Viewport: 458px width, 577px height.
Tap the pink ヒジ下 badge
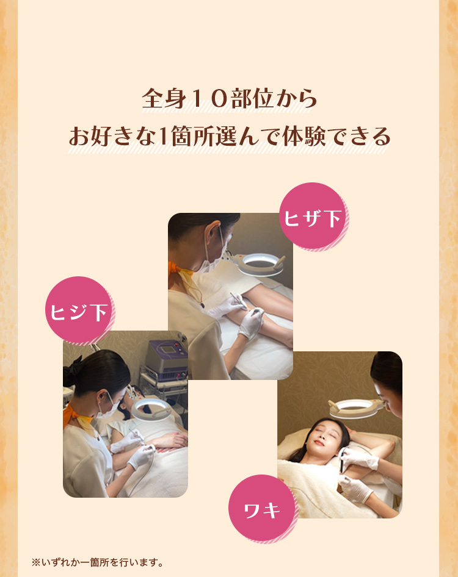pos(79,311)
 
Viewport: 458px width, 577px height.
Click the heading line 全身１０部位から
pos(229,99)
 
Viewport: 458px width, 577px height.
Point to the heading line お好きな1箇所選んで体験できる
pos(229,137)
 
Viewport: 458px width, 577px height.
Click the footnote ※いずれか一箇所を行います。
pos(98,562)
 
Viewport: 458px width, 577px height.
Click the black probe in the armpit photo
pos(343,461)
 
